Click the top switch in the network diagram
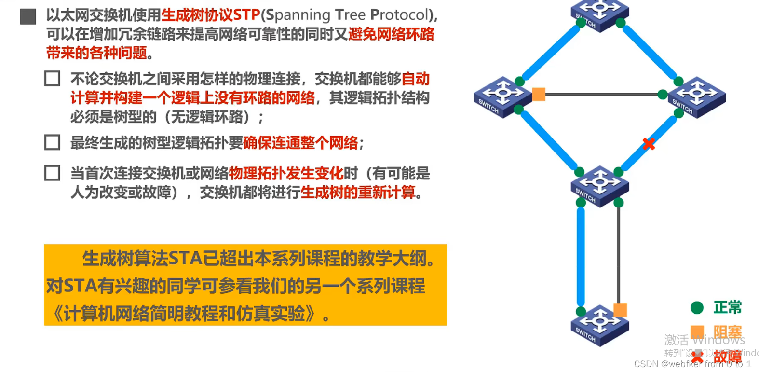pyautogui.click(x=599, y=14)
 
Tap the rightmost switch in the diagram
pyautogui.click(x=697, y=96)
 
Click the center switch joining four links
pyautogui.click(x=599, y=186)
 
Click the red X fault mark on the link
pyautogui.click(x=649, y=144)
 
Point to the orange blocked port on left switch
pyautogui.click(x=539, y=94)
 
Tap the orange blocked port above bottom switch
pyautogui.click(x=620, y=310)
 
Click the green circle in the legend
pyautogui.click(x=697, y=307)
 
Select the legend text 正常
pyautogui.click(x=727, y=307)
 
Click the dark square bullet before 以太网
pyautogui.click(x=28, y=16)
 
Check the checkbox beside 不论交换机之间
pyautogui.click(x=52, y=79)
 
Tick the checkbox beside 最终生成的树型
pyautogui.click(x=52, y=143)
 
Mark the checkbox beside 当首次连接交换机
pyautogui.click(x=52, y=173)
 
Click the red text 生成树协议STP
pyautogui.click(x=211, y=15)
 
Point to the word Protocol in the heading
pyautogui.click(x=399, y=15)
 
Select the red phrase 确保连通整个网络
pyautogui.click(x=300, y=143)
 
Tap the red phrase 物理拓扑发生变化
pyautogui.click(x=286, y=173)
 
